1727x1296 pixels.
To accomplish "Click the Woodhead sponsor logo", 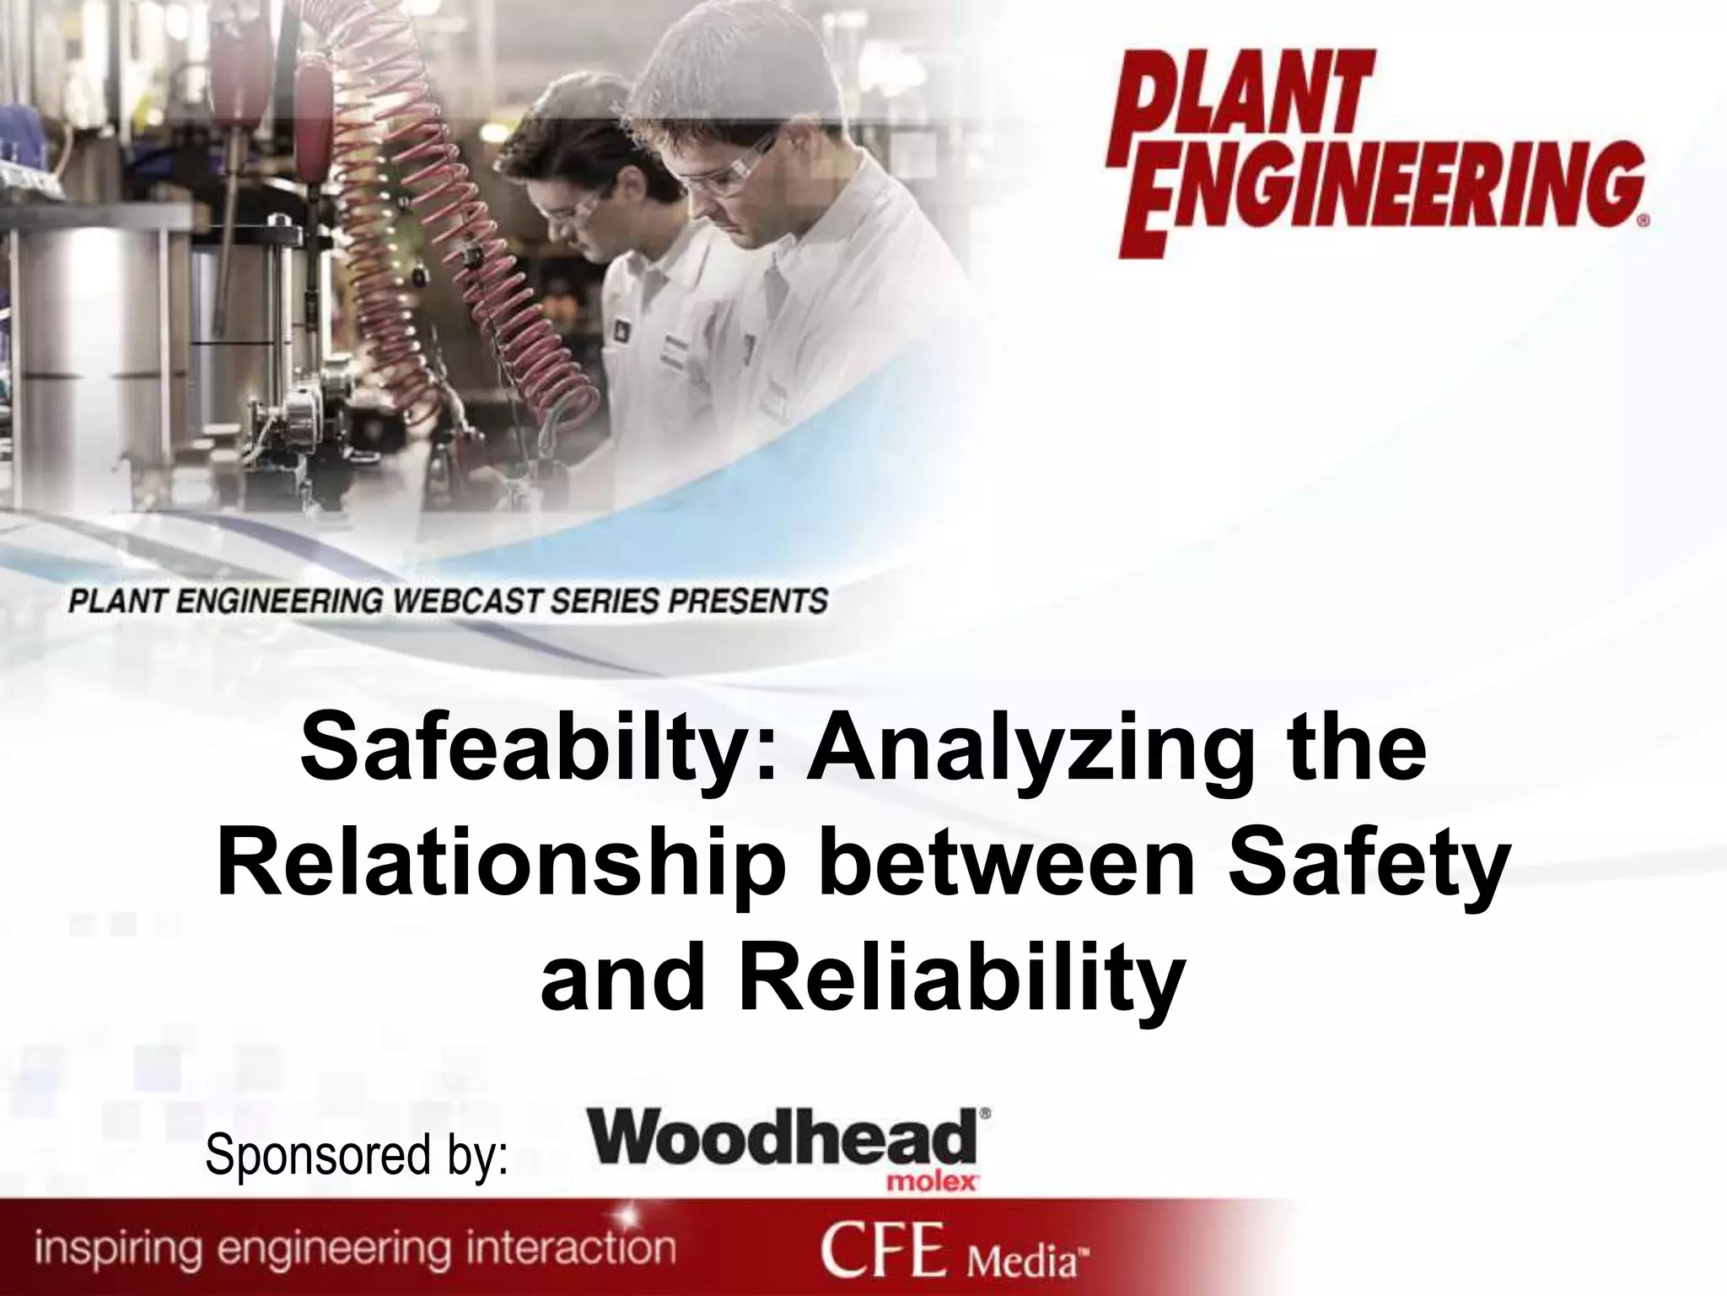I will coord(784,1137).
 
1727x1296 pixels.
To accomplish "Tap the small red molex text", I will coord(932,1182).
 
